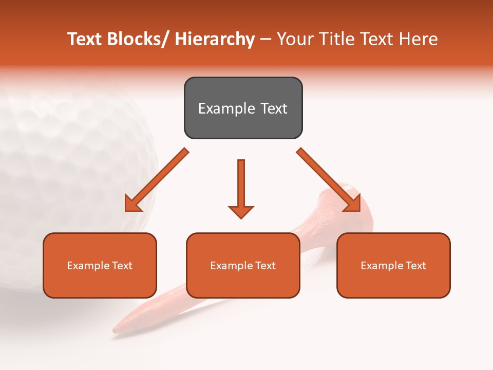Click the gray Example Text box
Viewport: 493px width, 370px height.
243,108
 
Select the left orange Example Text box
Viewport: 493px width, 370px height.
100,265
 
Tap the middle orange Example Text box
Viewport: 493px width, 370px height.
243,265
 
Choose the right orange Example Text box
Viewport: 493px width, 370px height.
393,265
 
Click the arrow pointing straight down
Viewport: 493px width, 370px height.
241,188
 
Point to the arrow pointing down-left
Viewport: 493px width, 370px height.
157,180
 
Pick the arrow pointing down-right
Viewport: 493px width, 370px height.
328,179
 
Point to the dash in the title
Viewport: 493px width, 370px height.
266,39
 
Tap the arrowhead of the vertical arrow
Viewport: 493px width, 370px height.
241,211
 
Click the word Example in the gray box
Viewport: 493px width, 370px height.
226,108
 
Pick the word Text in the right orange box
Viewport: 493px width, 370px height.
416,265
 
